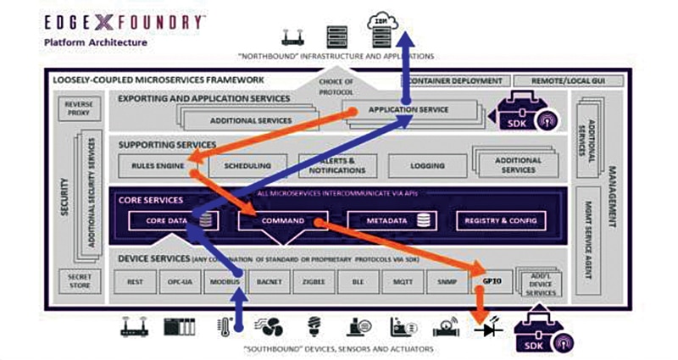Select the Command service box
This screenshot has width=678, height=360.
(276, 221)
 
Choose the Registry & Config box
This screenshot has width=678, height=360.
(501, 221)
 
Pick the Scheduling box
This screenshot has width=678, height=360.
(247, 166)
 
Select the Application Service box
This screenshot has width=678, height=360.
(408, 109)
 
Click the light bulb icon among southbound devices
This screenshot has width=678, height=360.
(314, 327)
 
